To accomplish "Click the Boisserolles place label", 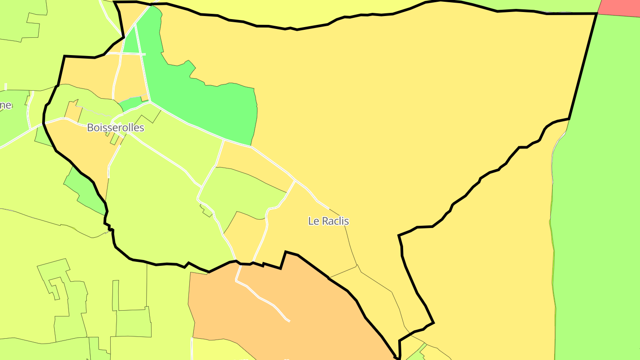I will (116, 128).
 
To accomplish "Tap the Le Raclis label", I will (328, 221).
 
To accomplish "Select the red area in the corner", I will (620, 8).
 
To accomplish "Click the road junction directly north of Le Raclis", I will (295, 181).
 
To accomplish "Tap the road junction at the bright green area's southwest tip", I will (150, 102).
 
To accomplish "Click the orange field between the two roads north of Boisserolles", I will (131, 76).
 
